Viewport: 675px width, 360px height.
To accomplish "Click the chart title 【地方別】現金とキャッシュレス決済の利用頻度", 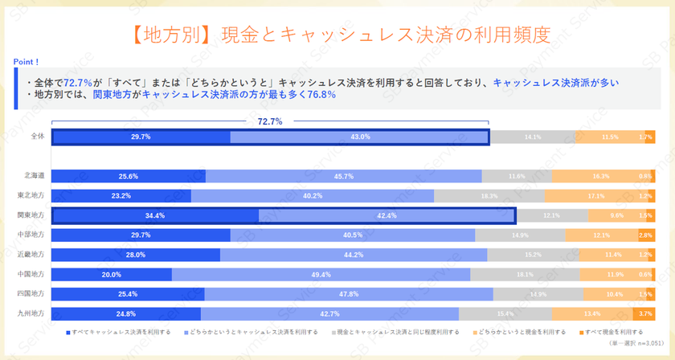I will point(337,35).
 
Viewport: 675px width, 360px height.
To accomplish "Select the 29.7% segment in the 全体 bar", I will point(141,137).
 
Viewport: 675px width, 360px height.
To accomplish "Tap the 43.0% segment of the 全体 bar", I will point(359,137).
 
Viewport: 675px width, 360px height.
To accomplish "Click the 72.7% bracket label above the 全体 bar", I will point(270,121).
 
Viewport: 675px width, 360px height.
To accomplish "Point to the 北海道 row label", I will point(35,176).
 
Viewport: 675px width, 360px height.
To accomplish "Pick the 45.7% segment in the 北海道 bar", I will point(344,176).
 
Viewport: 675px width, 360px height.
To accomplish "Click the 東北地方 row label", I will point(33,195).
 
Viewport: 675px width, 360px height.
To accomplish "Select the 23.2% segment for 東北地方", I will point(121,195).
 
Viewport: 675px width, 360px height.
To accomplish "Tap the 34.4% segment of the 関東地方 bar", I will point(155,215).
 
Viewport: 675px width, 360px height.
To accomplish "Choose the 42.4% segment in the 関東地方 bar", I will point(387,215).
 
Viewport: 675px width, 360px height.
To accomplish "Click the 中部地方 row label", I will point(33,235).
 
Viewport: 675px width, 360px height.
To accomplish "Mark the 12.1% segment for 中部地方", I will point(601,235).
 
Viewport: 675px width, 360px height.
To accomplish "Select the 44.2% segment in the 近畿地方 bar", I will point(354,255).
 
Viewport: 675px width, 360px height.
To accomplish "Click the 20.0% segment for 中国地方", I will point(112,274).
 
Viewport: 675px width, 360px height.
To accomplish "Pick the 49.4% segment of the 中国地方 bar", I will point(321,274).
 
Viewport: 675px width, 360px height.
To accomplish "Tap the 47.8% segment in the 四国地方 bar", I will point(349,294).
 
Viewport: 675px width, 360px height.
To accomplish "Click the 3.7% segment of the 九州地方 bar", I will point(646,313).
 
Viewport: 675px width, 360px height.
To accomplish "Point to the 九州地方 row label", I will point(33,313).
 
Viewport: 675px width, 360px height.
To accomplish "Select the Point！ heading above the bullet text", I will point(27,61).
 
